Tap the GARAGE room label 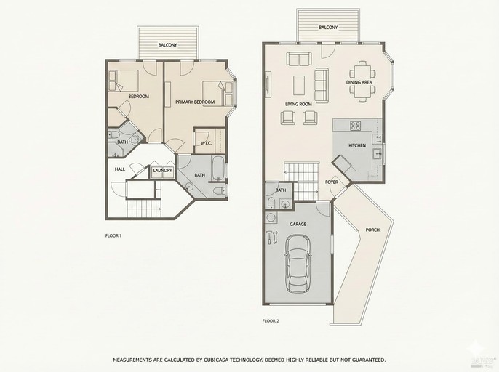(x=298, y=225)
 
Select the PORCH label (x=372, y=230)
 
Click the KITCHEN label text (x=357, y=146)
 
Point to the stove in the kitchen (x=356, y=126)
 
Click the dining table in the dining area (x=362, y=71)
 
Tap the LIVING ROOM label (x=298, y=104)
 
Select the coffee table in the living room (x=299, y=84)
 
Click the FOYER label (x=332, y=182)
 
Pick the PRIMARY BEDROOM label (x=195, y=102)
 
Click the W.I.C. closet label (x=206, y=142)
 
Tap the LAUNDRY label (x=162, y=171)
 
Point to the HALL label (x=120, y=169)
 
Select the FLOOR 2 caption (x=270, y=320)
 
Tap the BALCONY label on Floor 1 (x=168, y=46)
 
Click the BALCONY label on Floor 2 (x=328, y=28)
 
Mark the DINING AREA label (x=359, y=82)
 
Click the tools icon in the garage (x=273, y=236)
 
